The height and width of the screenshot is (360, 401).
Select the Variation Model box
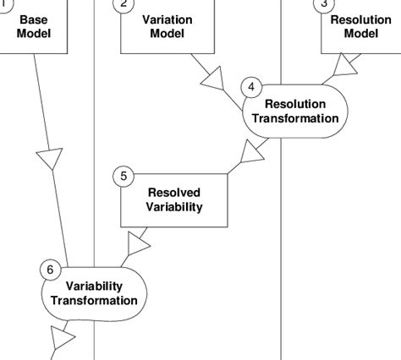pos(167,27)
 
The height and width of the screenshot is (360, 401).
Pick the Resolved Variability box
pos(174,199)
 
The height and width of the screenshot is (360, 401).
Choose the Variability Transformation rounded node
pos(94,292)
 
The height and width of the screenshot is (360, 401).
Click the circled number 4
pos(251,87)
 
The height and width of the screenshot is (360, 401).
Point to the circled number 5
pos(124,176)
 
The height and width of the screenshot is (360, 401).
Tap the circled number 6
pos(50,270)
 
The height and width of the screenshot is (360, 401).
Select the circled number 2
pos(124,4)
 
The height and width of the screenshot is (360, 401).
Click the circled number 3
pos(323,4)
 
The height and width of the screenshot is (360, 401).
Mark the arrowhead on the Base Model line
pos(50,157)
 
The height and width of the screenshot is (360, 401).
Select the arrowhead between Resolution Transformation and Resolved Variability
pos(251,152)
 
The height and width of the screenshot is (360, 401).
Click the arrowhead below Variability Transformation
pos(63,340)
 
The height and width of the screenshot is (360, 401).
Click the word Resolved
pos(174,192)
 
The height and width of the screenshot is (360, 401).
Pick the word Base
pos(34,19)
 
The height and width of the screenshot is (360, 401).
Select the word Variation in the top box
pos(167,19)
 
